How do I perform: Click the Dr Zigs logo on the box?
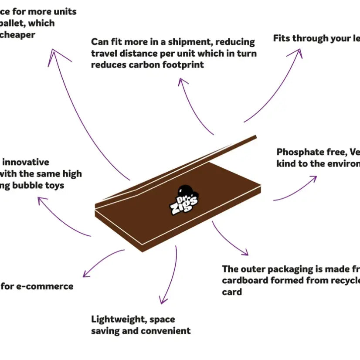(x=184, y=198)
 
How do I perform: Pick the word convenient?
(x=167, y=331)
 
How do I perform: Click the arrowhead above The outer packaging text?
(x=245, y=253)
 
